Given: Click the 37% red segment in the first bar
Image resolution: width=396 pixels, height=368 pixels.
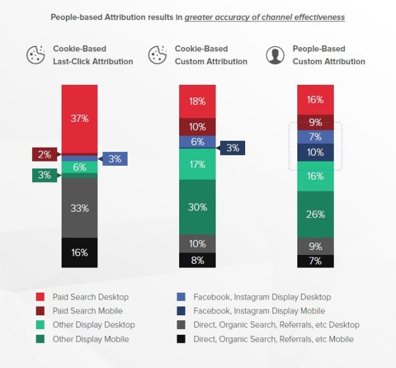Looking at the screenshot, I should [79, 119].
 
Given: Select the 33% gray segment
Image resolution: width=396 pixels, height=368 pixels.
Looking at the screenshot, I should [79, 208].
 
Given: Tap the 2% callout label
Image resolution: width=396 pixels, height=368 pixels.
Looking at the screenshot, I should [44, 154].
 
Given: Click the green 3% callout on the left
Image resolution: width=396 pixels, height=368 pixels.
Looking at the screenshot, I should [44, 175].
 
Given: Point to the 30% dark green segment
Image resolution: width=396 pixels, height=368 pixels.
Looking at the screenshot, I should [197, 207].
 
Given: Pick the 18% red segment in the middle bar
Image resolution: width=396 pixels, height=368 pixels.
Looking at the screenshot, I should [197, 101].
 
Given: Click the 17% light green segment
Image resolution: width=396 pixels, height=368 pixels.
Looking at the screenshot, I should [197, 164].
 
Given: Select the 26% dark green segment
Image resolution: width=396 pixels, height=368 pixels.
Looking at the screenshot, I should [316, 214].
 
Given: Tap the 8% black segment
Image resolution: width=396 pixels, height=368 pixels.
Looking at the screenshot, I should [197, 260].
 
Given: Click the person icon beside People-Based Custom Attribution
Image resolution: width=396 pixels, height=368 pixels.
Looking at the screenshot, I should [275, 55].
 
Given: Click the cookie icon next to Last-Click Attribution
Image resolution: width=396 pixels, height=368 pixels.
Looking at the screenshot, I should [36, 55].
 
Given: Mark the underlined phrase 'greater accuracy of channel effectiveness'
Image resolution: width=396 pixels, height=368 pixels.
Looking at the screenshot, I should [265, 18].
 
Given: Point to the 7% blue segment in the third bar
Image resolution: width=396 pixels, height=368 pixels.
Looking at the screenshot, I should [316, 136].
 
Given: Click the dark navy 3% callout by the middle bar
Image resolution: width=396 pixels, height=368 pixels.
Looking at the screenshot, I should [231, 148].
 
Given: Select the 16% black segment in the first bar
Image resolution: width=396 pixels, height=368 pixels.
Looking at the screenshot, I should [79, 252].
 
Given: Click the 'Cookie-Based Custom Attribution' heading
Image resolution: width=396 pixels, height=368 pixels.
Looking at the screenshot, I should [211, 55].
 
